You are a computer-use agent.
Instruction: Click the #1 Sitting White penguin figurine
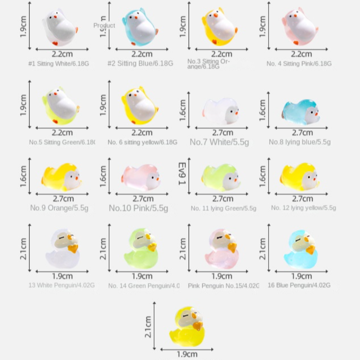tap(60, 28)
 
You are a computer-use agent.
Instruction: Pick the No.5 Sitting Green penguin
tap(60, 107)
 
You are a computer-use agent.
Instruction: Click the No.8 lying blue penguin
tap(301, 112)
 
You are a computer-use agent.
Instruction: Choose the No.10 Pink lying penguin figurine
tap(141, 177)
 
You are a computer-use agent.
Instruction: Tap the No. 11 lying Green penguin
tap(221, 177)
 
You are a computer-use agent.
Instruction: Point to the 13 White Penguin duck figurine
tap(63, 249)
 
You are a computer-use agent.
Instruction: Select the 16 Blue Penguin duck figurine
tap(301, 249)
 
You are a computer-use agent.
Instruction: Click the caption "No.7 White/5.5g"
tap(219, 142)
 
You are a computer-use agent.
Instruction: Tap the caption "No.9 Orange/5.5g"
tap(59, 208)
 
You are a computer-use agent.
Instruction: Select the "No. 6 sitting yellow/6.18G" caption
tap(143, 143)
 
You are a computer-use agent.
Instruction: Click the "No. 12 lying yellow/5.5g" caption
tap(303, 208)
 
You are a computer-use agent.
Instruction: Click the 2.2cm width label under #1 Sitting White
tap(62, 54)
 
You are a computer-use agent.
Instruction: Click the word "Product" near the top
tap(104, 26)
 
